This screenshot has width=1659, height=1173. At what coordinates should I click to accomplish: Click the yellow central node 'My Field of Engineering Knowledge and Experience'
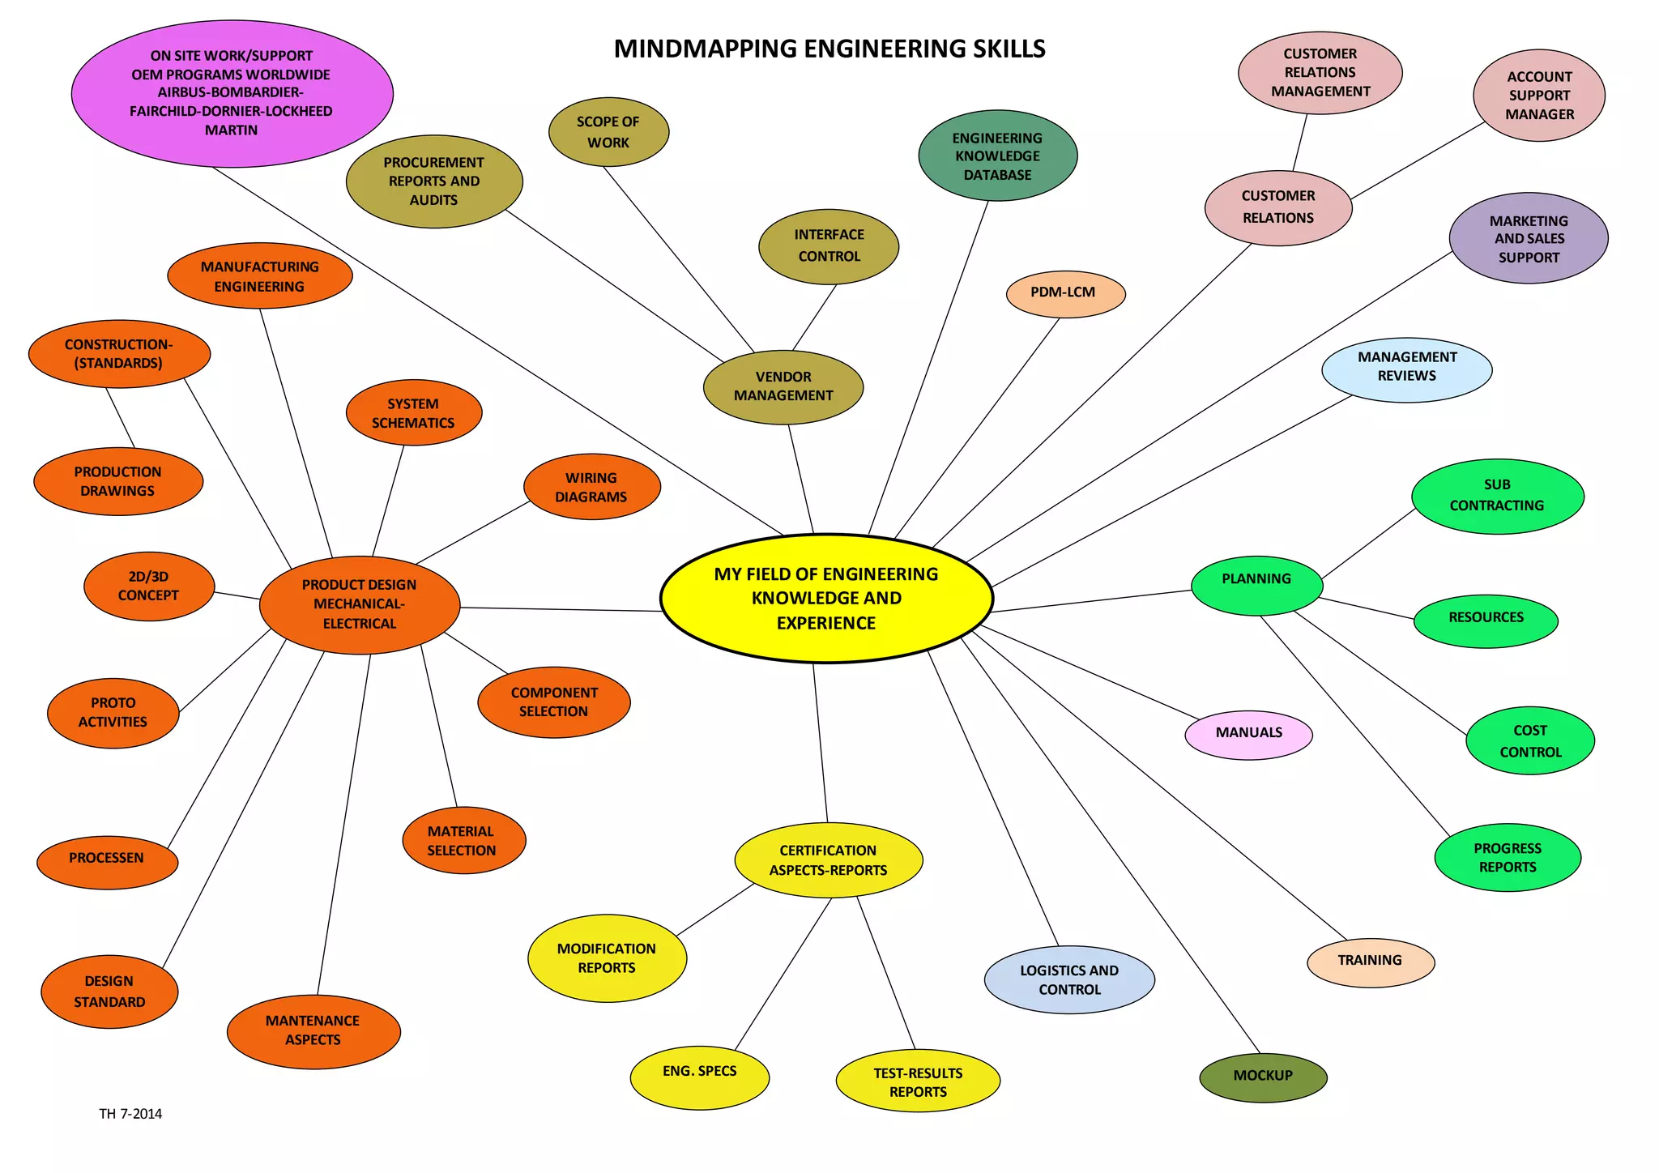click(826, 599)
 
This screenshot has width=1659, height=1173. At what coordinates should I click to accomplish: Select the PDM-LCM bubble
click(1065, 293)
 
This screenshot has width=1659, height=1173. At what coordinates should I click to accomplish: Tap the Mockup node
click(1263, 1077)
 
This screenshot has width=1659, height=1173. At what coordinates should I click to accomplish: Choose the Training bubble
click(1370, 962)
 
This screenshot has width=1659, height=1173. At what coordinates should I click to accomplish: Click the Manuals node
click(1248, 734)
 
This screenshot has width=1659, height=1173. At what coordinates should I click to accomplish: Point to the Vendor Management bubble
click(783, 386)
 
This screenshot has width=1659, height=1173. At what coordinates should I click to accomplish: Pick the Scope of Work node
click(608, 132)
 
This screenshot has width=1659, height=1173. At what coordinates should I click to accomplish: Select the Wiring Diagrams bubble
click(591, 487)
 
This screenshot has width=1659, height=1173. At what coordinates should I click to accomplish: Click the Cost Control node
click(1529, 740)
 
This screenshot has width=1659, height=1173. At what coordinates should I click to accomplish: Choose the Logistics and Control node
click(1069, 980)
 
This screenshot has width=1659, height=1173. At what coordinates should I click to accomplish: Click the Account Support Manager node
click(1538, 96)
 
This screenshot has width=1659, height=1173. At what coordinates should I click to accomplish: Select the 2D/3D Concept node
click(149, 586)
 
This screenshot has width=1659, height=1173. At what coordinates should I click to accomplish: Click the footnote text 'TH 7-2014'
click(130, 1114)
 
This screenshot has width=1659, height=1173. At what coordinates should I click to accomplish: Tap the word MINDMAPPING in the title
click(705, 49)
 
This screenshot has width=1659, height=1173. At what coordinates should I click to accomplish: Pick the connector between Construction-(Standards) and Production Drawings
click(120, 418)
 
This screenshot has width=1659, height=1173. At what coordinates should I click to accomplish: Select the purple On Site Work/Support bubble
click(232, 93)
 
